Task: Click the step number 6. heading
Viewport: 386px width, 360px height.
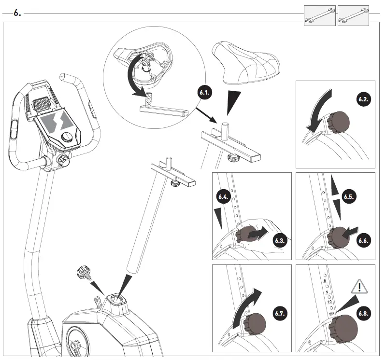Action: click(x=17, y=14)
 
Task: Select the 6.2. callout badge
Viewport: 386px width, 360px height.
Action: click(x=364, y=99)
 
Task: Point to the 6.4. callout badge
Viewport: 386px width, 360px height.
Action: click(x=223, y=197)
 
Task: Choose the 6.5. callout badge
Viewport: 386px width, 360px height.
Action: click(x=349, y=197)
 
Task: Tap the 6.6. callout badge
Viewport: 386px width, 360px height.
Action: click(x=364, y=240)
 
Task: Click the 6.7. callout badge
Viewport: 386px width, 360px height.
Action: click(x=281, y=313)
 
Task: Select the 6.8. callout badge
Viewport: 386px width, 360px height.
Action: click(x=364, y=313)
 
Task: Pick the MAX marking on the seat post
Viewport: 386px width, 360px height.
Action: click(x=331, y=314)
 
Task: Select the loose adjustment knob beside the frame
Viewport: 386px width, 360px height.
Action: click(x=83, y=277)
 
